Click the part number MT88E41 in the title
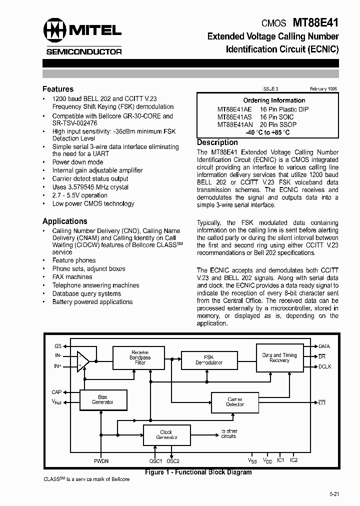315,22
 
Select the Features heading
58,89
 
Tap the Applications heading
64,221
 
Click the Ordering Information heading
274,100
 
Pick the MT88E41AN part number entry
235,124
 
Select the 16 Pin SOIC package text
276,116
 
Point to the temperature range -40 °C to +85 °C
267,132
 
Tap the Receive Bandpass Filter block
139,357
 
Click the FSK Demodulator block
208,360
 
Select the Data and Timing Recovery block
279,358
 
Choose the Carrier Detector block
235,402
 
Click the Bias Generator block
102,399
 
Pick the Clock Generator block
166,435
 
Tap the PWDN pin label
101,461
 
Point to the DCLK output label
324,367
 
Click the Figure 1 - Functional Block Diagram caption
198,472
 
